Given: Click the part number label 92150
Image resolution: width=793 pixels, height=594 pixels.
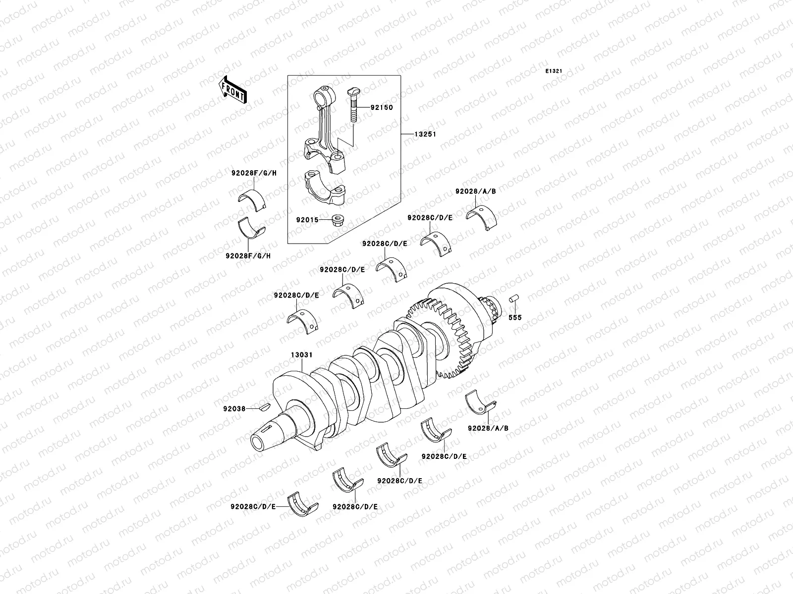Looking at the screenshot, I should pos(381,107).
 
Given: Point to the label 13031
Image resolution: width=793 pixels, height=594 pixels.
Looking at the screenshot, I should pos(301,355).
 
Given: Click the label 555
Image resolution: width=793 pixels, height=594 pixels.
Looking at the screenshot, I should pos(515,317).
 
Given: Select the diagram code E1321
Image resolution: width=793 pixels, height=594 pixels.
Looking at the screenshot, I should pos(554,71).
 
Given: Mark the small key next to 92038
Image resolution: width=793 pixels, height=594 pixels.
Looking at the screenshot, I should pos(264,407).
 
